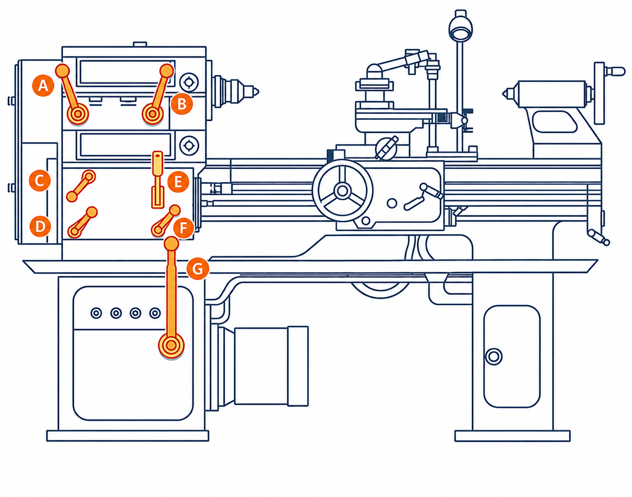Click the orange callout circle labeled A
click(43, 86)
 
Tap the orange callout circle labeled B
click(182, 104)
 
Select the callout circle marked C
click(40, 180)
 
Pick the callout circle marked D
click(40, 226)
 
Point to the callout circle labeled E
click(178, 182)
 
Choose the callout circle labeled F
click(183, 228)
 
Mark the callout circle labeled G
click(198, 268)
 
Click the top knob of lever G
click(171, 243)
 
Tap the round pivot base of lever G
click(171, 345)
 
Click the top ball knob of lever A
click(63, 71)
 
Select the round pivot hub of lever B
click(153, 114)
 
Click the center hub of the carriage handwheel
click(342, 191)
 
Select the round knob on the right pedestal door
click(494, 357)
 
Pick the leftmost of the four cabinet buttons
click(96, 313)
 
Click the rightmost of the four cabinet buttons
click(155, 313)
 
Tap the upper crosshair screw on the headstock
click(189, 82)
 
